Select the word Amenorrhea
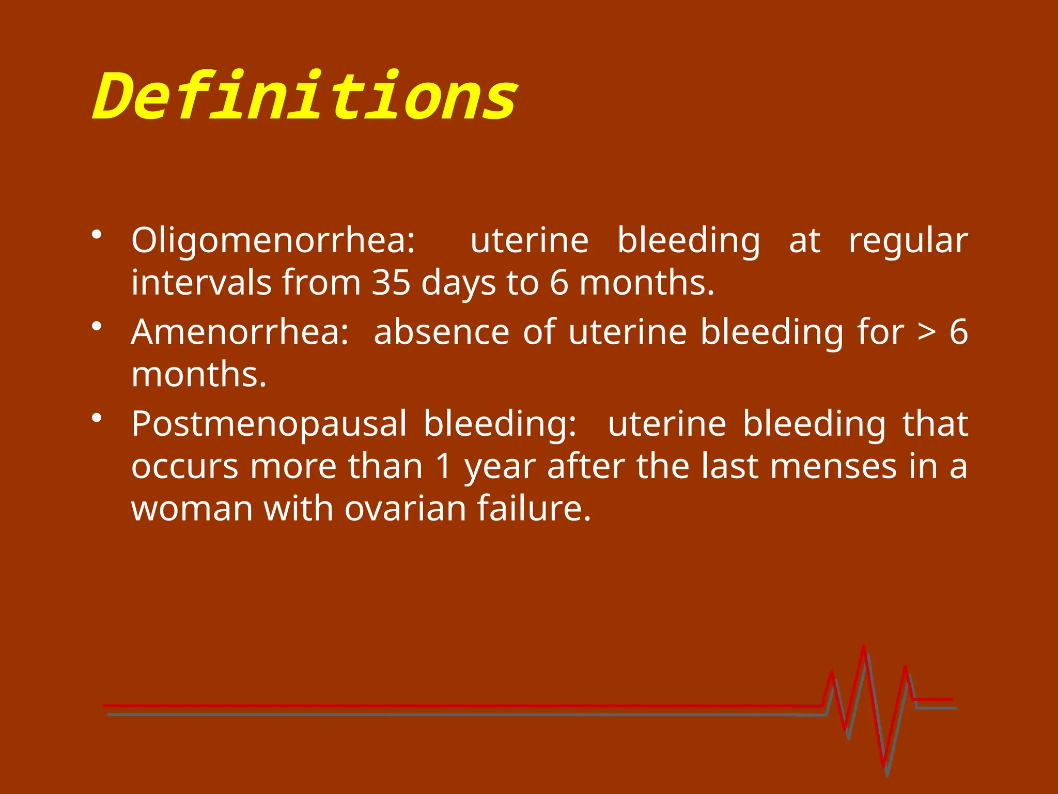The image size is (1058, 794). point(239,332)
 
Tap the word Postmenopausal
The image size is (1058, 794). point(269,424)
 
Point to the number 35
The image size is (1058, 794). point(391,283)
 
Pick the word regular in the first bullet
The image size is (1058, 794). point(908,242)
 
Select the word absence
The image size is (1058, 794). point(441,332)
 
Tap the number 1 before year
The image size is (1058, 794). point(443,466)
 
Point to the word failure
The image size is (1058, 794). point(533,509)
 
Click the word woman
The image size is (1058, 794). point(192,509)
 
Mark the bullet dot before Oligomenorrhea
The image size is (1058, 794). point(96,235)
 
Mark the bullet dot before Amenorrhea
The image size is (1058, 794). point(96,326)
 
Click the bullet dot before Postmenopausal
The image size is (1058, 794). point(96,418)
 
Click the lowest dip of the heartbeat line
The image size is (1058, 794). point(884,767)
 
